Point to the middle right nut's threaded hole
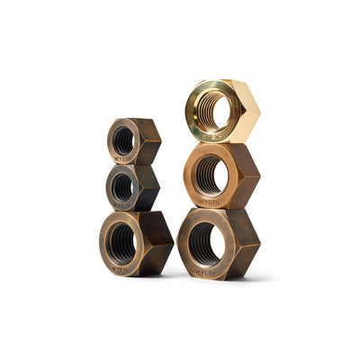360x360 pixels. [209, 175]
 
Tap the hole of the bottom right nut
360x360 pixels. [204, 244]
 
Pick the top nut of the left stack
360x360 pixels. [134, 141]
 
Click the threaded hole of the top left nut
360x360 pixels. [125, 140]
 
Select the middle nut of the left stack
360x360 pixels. [133, 187]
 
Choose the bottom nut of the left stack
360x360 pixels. [136, 243]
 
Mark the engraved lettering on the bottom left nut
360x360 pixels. [121, 267]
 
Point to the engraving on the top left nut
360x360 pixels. [124, 159]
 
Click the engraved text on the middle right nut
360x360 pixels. [207, 202]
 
